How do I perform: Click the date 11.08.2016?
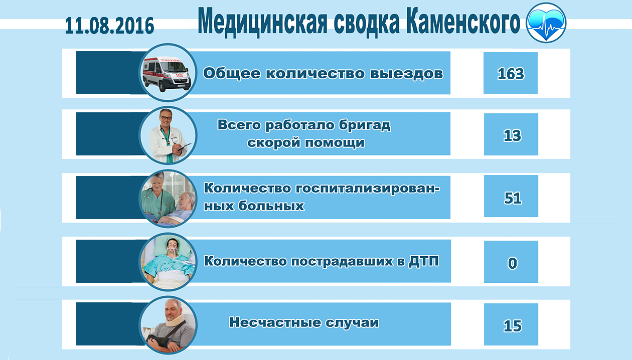109,26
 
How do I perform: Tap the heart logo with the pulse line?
546,23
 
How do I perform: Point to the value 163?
511,74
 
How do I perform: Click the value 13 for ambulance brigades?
512,135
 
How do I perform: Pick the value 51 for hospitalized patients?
513,198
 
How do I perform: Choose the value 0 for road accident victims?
513,263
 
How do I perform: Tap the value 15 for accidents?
513,326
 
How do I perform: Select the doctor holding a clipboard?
169,136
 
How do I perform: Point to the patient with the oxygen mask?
170,261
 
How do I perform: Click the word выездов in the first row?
406,73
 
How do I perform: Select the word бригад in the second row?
365,125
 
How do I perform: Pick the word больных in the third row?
271,206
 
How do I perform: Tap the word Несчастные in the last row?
275,322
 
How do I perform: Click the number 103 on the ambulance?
180,75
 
